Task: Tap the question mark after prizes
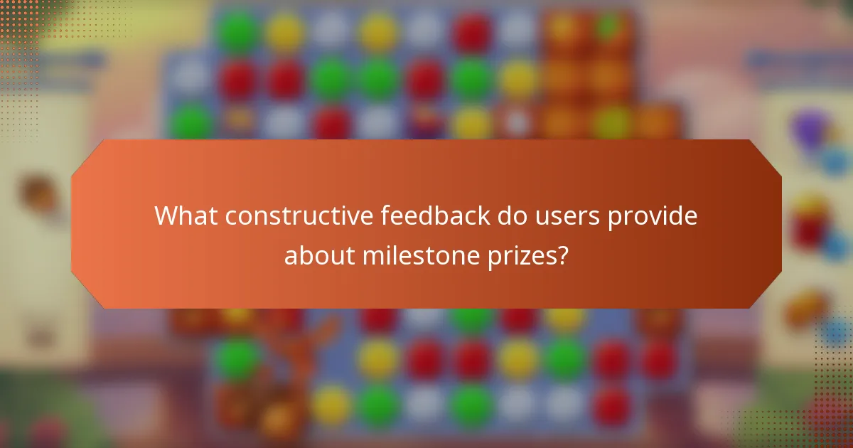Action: click(x=563, y=254)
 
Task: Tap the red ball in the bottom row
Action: click(x=612, y=406)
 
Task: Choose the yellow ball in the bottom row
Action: click(x=332, y=406)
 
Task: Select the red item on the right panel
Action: click(x=810, y=226)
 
